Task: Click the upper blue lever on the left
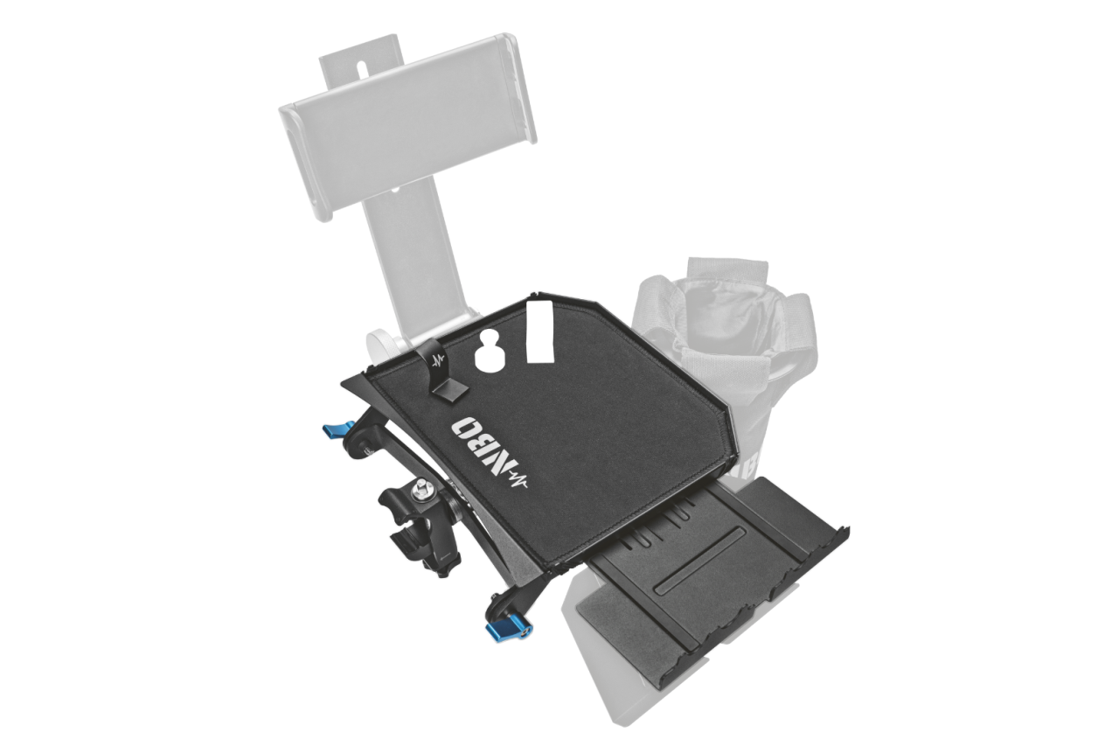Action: coord(337,429)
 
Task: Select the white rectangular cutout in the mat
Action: coord(539,331)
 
